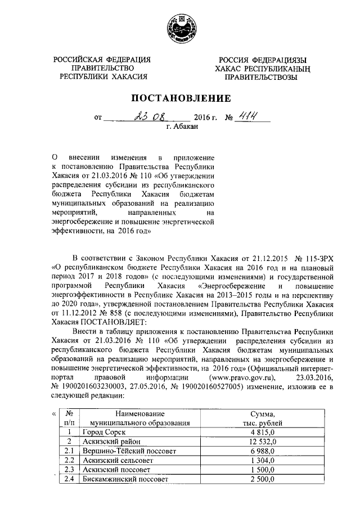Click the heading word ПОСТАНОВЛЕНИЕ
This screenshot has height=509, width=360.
pyautogui.click(x=181, y=98)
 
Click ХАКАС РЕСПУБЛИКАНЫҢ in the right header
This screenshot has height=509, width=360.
pyautogui.click(x=258, y=68)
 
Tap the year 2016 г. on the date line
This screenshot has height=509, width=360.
pyautogui.click(x=205, y=118)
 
